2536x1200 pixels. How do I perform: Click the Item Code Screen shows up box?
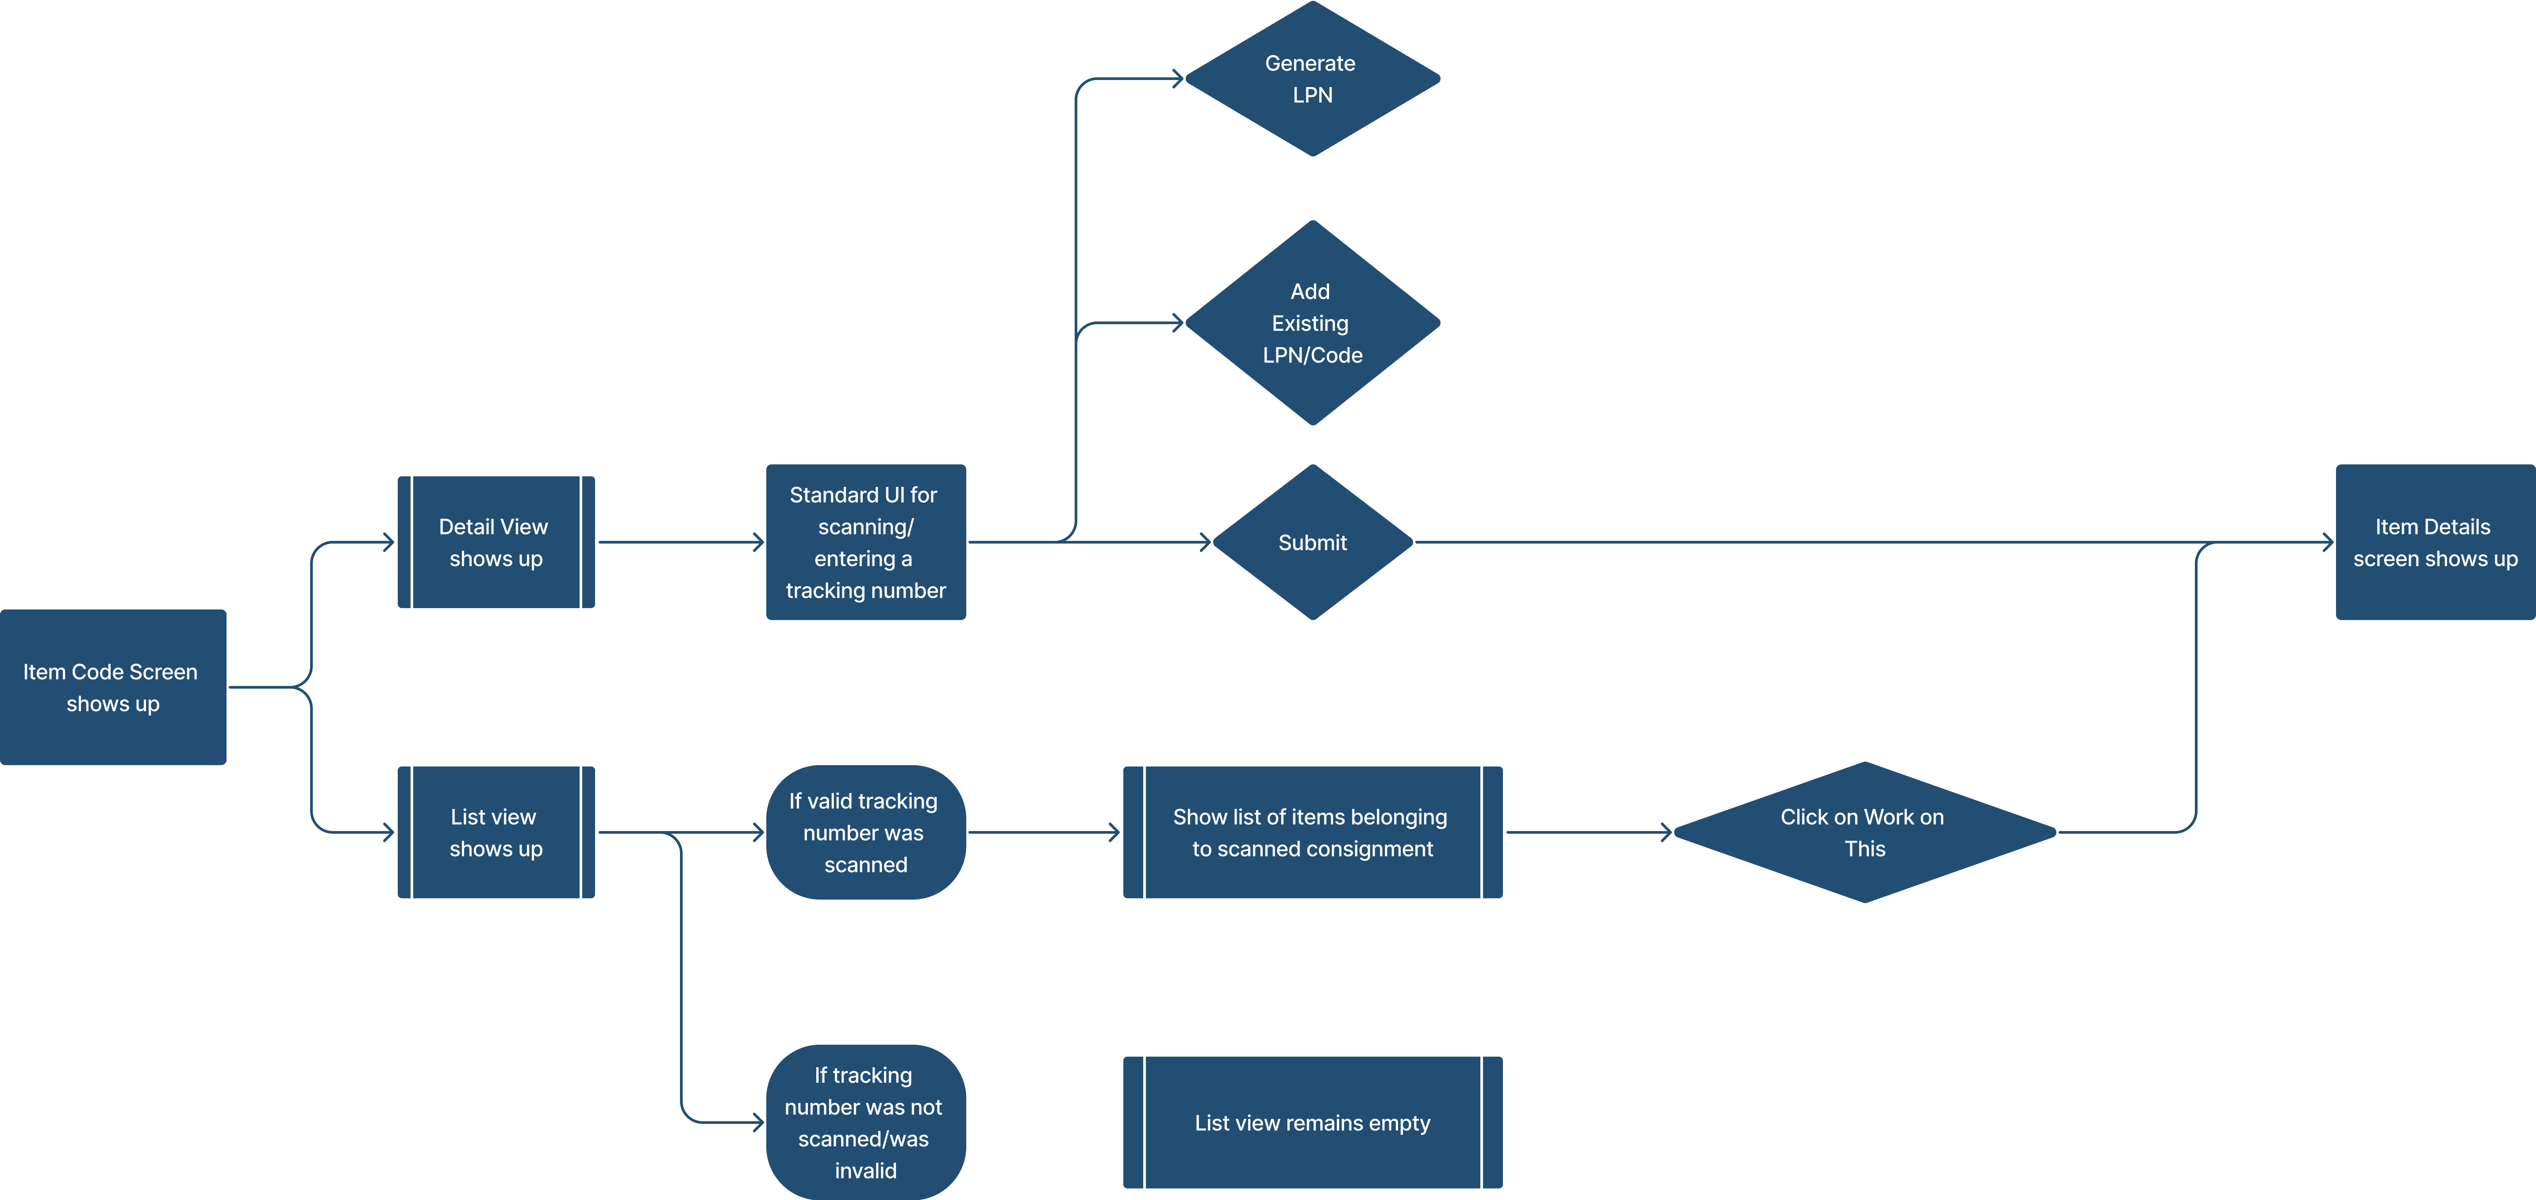[x=112, y=687]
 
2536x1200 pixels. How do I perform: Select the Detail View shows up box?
[x=495, y=542]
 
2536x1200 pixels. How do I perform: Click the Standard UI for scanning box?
[x=865, y=542]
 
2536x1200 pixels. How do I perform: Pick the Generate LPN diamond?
[x=1312, y=79]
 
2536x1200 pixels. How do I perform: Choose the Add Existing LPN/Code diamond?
[x=1312, y=323]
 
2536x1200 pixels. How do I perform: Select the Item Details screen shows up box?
[x=2435, y=542]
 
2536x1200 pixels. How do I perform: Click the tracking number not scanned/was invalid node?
[x=865, y=1122]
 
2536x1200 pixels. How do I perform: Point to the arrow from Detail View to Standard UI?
[x=679, y=542]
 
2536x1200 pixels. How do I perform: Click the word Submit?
[x=1312, y=542]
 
